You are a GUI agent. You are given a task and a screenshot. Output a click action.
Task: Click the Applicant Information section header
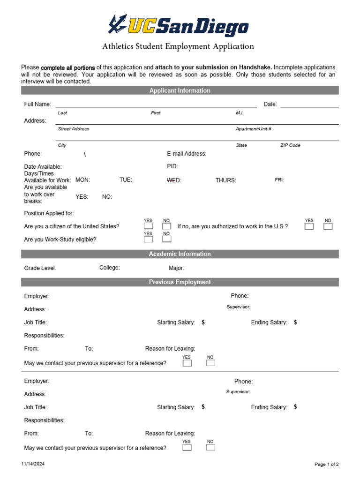point(180,90)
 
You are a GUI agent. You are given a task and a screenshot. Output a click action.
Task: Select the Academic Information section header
point(180,254)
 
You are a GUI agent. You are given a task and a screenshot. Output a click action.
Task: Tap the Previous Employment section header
point(180,282)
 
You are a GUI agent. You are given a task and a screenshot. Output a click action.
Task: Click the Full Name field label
point(37,105)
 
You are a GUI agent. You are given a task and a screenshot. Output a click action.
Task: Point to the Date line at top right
point(309,107)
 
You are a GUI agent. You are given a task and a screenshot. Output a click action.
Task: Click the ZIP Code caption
point(290,145)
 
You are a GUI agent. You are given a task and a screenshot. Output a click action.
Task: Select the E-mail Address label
point(187,154)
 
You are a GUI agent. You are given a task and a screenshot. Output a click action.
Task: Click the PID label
point(172,166)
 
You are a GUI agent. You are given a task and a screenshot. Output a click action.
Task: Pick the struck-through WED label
point(174,180)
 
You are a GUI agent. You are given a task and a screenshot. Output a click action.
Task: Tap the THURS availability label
point(225,180)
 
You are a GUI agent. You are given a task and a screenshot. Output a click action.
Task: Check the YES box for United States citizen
point(148,226)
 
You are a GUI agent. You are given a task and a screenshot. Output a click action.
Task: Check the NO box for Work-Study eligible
point(166,239)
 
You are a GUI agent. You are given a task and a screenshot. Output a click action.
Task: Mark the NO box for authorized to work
point(328,226)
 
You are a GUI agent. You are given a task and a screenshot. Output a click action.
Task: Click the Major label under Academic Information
point(176,269)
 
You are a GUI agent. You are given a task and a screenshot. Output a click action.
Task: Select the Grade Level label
point(40,268)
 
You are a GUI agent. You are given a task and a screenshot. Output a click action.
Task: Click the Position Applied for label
point(49,213)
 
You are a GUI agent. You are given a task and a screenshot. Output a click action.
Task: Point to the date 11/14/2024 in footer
point(33,464)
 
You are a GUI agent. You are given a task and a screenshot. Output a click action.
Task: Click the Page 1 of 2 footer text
point(326,464)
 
